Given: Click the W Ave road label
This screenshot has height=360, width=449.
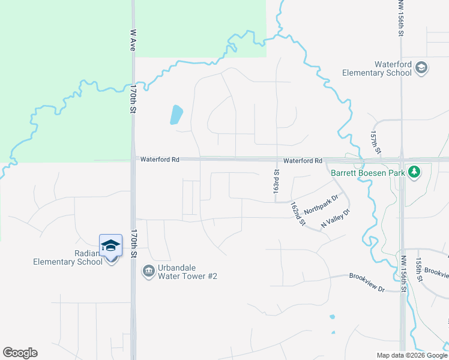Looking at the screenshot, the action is (133, 41).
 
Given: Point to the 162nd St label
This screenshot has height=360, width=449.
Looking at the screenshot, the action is (298, 214).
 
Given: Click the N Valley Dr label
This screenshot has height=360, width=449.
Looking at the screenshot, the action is (335, 218).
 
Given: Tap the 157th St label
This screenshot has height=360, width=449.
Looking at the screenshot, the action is (375, 143).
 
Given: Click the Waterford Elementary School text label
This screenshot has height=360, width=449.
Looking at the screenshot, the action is (377, 68).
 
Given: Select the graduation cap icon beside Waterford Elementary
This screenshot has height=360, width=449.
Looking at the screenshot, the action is (421, 68).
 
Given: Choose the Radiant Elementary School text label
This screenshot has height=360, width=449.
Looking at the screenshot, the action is (67, 257).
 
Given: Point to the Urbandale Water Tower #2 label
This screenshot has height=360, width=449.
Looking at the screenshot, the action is (187, 272).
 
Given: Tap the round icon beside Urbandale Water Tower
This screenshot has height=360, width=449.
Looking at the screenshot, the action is (148, 272).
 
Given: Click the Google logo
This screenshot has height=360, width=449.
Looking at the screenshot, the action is (20, 353).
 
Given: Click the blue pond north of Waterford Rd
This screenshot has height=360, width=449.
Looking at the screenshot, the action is (176, 114).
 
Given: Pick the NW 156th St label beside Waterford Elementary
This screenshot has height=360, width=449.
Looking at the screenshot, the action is (401, 19).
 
